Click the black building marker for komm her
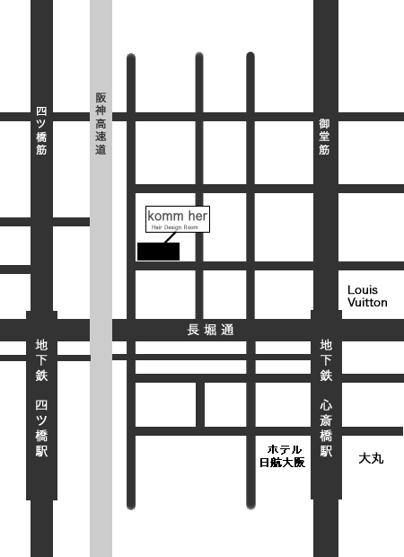158,252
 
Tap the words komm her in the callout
178,217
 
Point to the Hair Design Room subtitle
178,228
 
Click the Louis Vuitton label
367,296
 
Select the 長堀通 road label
210,331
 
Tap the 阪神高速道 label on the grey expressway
101,124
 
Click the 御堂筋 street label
325,137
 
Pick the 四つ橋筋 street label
41,131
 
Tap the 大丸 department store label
371,458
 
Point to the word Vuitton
367,303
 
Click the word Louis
363,290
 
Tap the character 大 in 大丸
364,458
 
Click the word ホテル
285,449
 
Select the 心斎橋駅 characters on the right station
326,427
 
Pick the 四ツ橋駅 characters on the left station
41,427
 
